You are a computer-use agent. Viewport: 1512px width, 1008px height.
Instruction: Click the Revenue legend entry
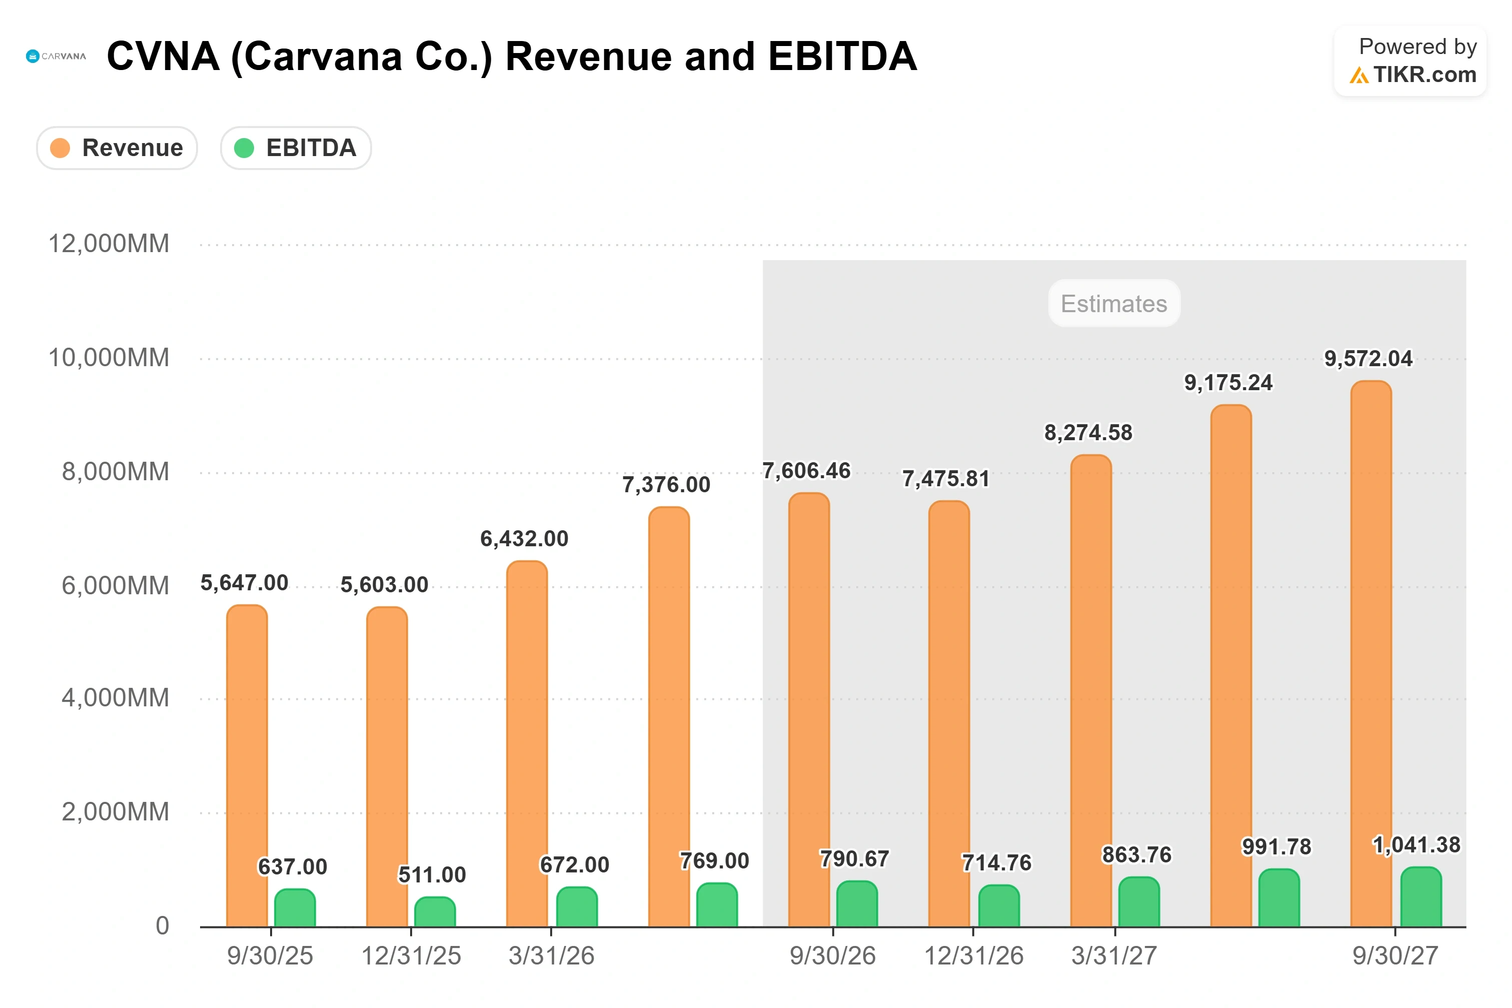[117, 148]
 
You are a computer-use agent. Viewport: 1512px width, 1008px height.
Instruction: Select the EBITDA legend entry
[296, 148]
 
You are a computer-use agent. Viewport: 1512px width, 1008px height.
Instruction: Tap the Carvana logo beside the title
[56, 57]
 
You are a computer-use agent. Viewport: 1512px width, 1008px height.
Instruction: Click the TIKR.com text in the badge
[1424, 75]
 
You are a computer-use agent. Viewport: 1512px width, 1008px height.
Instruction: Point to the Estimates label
[1113, 304]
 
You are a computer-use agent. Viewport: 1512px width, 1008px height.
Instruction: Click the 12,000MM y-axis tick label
[109, 244]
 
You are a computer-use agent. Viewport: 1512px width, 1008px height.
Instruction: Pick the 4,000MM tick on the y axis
[115, 697]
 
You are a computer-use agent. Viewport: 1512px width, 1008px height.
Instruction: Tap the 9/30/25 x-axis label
[270, 956]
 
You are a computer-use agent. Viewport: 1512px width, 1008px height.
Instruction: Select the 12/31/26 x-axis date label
[973, 956]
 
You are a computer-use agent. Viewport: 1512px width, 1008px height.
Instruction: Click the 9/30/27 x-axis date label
[1395, 956]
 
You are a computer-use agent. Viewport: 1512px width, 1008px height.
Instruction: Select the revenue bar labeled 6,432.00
[527, 744]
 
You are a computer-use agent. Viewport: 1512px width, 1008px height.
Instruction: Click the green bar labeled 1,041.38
[1421, 897]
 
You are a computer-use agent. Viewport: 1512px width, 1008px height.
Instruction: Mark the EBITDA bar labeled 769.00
[717, 904]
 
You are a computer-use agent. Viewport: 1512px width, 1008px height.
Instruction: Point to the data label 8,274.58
[1088, 433]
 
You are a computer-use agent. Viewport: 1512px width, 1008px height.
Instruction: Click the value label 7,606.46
[806, 471]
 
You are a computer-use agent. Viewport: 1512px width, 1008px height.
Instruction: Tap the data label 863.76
[1137, 854]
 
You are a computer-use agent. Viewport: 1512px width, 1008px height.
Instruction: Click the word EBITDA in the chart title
[842, 56]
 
